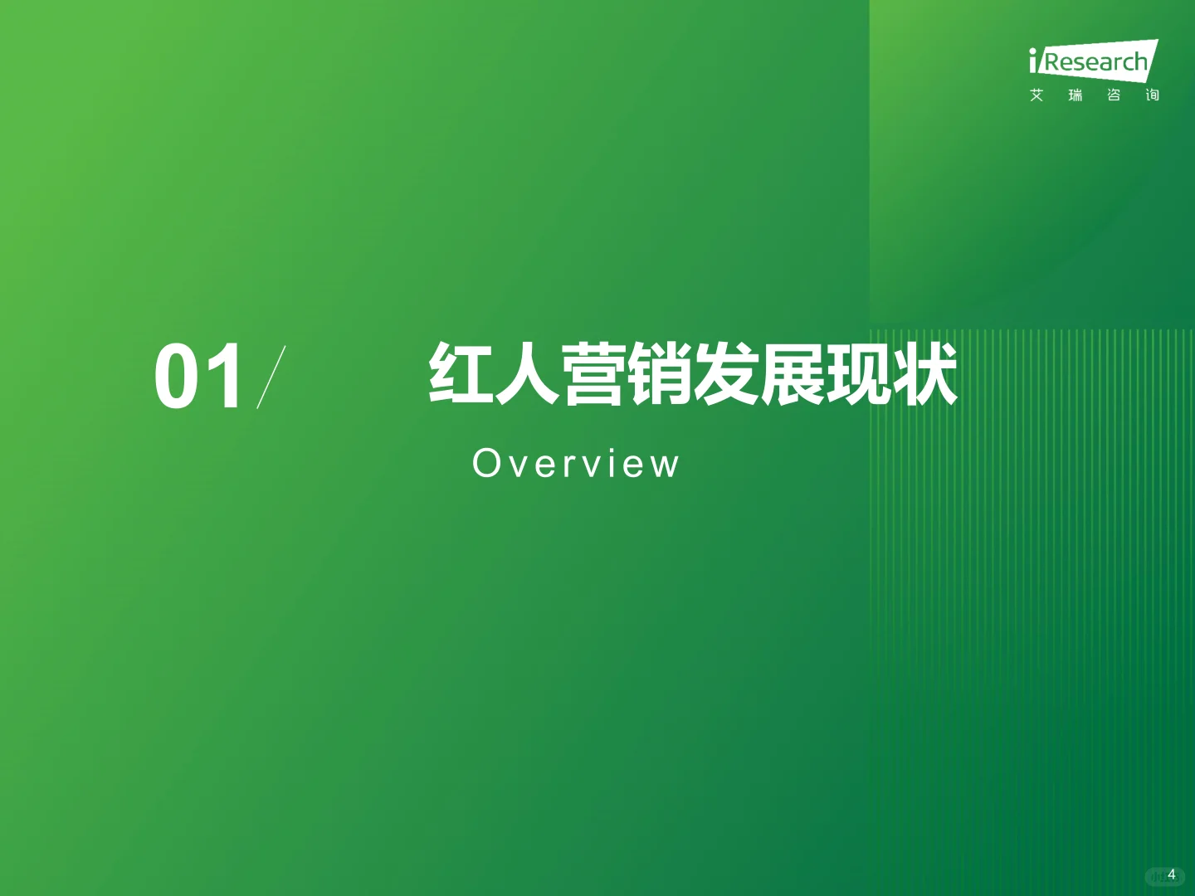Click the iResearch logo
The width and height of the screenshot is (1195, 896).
coord(1093,61)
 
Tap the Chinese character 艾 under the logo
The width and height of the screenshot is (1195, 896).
coord(1036,95)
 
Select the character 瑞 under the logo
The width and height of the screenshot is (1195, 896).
coord(1075,95)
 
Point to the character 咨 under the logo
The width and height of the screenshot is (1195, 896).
coord(1114,95)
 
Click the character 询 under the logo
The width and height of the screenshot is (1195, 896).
coord(1152,95)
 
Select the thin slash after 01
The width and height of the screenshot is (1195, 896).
coord(271,377)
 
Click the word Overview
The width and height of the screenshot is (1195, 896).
coord(576,463)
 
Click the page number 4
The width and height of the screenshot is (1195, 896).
coord(1171,874)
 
